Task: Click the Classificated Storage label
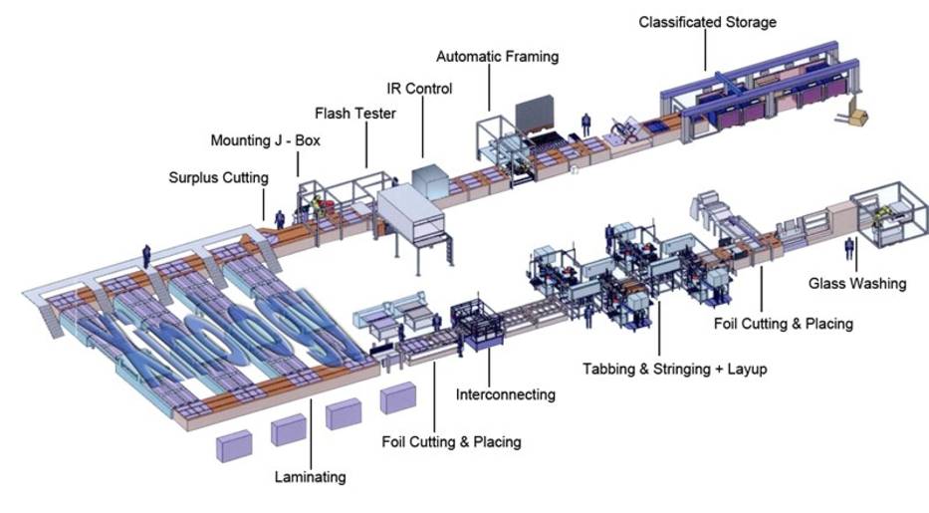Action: [x=707, y=21]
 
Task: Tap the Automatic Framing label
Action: [x=497, y=57]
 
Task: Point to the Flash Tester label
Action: [x=355, y=114]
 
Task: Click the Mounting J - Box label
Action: [x=266, y=140]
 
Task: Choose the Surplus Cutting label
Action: [x=218, y=178]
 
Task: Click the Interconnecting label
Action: [x=505, y=394]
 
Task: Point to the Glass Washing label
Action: [x=857, y=284]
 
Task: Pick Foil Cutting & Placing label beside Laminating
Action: [x=451, y=441]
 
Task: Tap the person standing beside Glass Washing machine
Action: [x=849, y=249]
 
